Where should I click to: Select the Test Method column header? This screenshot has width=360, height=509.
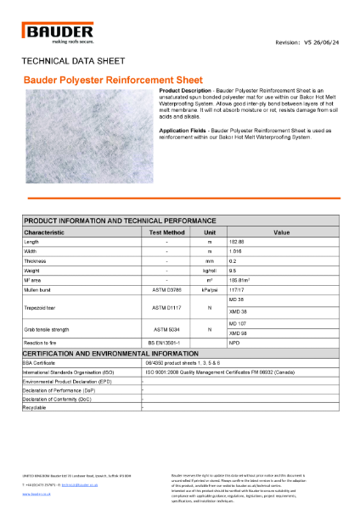pyautogui.click(x=166, y=231)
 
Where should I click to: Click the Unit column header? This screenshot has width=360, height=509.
pyautogui.click(x=209, y=231)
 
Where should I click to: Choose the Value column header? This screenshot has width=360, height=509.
pyautogui.click(x=282, y=231)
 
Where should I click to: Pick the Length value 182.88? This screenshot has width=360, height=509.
pyautogui.click(x=238, y=242)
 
